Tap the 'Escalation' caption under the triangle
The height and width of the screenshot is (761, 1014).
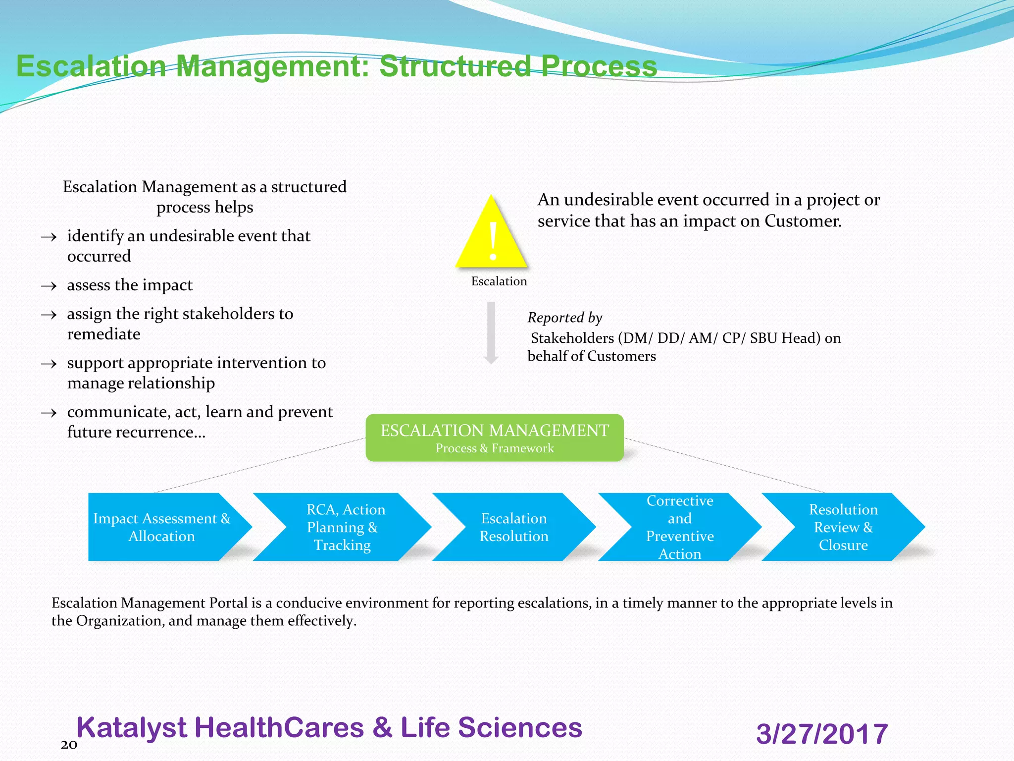499,281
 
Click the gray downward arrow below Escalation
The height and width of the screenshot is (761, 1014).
491,332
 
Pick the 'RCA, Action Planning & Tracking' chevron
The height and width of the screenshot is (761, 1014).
343,527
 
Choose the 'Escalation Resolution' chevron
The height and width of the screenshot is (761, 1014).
514,527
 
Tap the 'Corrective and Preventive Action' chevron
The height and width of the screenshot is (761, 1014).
679,527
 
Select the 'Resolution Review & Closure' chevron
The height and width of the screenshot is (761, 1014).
843,527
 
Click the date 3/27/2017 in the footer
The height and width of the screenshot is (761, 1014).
822,734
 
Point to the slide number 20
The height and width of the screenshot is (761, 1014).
69,745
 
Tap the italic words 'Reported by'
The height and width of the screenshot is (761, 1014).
564,318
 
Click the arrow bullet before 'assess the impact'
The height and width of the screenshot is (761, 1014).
49,286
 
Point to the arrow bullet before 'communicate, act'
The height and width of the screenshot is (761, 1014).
49,413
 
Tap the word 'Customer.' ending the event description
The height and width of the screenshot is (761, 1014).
803,221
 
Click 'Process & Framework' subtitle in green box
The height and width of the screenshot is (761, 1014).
494,448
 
